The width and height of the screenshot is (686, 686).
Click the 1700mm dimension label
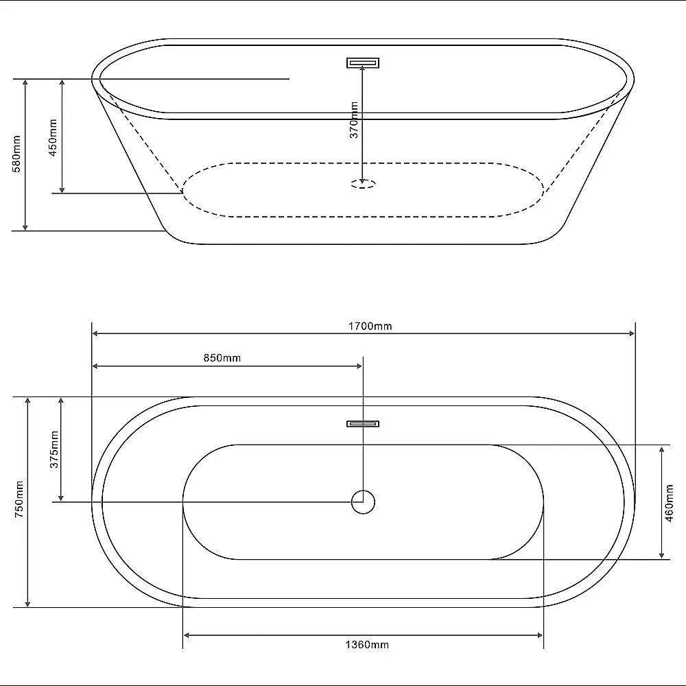pyautogui.click(x=370, y=326)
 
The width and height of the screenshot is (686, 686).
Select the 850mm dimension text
pyautogui.click(x=222, y=358)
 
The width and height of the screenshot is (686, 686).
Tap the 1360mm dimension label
pyautogui.click(x=367, y=644)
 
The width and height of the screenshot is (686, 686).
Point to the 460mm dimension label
pyautogui.click(x=669, y=503)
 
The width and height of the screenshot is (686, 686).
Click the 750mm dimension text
pyautogui.click(x=19, y=499)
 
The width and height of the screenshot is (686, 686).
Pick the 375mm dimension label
pyautogui.click(x=54, y=449)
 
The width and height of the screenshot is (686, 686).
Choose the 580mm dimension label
pyautogui.click(x=16, y=154)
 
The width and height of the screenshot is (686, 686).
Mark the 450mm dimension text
pyautogui.click(x=53, y=138)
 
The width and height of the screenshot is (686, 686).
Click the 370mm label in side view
pyautogui.click(x=354, y=120)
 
